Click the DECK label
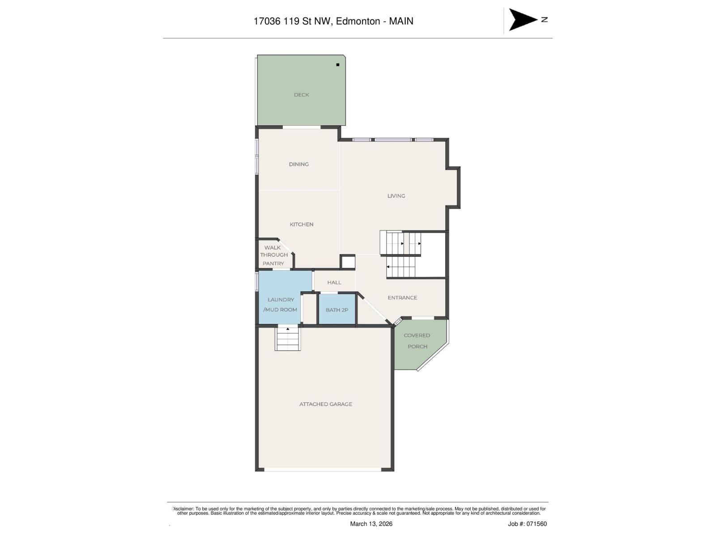301,95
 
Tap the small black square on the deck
338,65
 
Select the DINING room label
298,164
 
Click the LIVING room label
396,196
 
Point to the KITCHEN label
301,224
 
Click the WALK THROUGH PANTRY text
273,255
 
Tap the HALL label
334,282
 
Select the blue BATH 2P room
337,309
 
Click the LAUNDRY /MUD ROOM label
281,304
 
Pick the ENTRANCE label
402,298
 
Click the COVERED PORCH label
417,341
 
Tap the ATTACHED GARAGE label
325,404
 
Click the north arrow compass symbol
523,20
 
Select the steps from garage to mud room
287,339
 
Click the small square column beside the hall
347,262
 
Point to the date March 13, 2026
371,524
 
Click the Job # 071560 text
527,524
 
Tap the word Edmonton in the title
358,21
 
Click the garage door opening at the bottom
322,469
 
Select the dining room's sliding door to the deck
301,128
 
